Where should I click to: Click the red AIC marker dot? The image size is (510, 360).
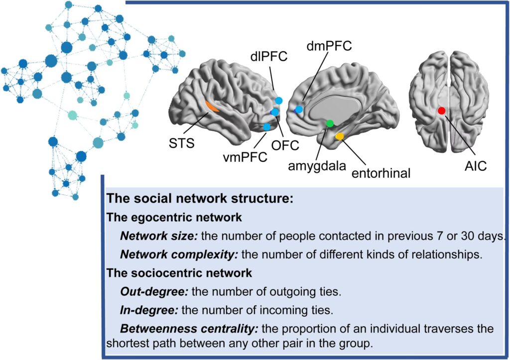coord(441,111)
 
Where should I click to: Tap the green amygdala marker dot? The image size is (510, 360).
coord(329,123)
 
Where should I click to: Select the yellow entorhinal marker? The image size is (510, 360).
coord(339,136)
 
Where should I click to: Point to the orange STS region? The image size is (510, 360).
coord(211,107)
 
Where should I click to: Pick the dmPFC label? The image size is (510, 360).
coord(329,46)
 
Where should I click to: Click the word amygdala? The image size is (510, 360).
coord(317,166)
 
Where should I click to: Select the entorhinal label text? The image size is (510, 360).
coord(381,173)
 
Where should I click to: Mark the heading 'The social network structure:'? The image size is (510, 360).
coord(199,198)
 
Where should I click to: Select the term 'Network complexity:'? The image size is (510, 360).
coord(178,254)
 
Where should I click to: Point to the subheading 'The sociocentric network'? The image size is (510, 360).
coord(179,273)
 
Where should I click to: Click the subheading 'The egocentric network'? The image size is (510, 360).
coord(175,217)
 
